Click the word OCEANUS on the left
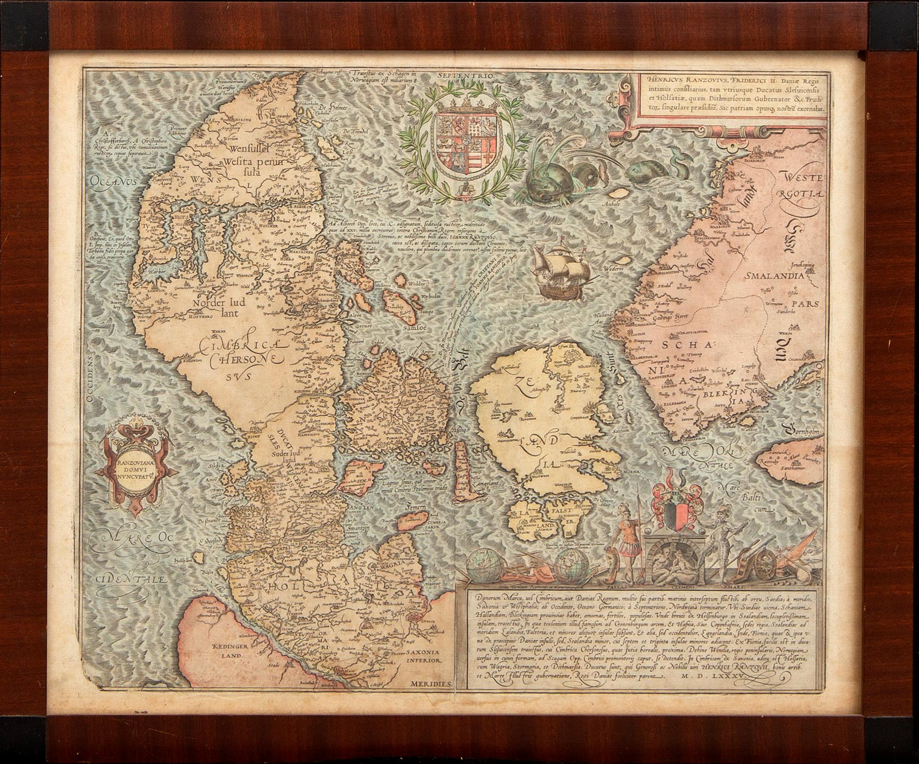(x=114, y=180)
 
